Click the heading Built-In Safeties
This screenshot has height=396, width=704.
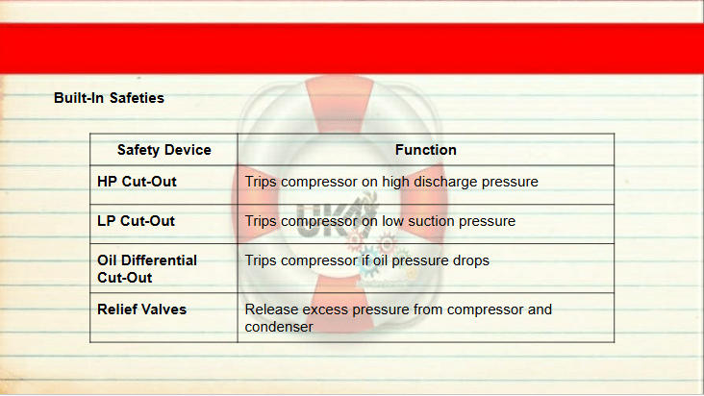click(x=109, y=98)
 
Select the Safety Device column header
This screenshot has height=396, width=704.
click(x=163, y=150)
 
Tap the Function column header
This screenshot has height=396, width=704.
click(x=426, y=150)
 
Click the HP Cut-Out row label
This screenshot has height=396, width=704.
click(x=137, y=182)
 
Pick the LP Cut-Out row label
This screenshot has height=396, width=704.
click(x=136, y=221)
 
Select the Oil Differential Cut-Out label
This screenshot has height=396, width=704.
click(x=147, y=269)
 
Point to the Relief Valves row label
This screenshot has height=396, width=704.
click(x=142, y=309)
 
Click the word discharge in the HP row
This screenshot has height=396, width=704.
click(x=445, y=182)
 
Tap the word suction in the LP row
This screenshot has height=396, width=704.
click(x=432, y=221)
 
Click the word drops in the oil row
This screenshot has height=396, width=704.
click(x=471, y=261)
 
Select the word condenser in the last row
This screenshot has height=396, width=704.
click(x=279, y=327)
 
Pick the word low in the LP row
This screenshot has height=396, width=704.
click(x=392, y=221)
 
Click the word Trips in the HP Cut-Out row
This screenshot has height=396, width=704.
click(x=261, y=182)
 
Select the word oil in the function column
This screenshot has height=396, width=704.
click(x=381, y=260)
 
